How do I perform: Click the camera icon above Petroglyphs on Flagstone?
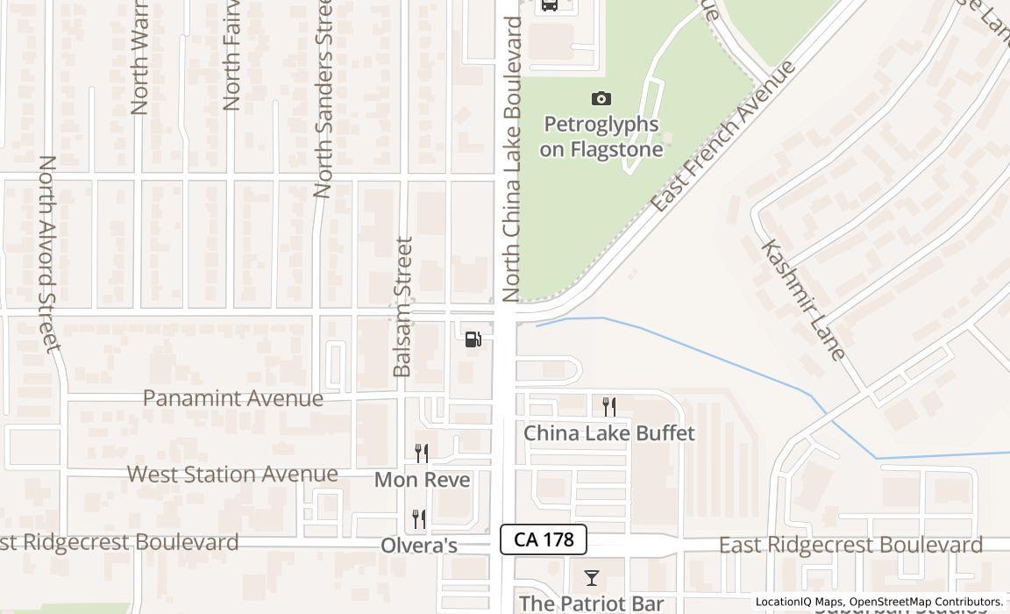tap(601, 99)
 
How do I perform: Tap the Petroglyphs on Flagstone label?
tap(601, 137)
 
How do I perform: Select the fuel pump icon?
tap(473, 339)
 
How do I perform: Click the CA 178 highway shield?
tap(543, 539)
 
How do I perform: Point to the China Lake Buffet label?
tap(609, 433)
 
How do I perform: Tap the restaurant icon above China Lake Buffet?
tap(609, 406)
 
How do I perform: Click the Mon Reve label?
tap(422, 480)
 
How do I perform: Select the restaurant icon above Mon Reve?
tap(422, 453)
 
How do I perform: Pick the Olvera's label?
tap(419, 546)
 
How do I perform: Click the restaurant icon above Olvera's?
tap(419, 519)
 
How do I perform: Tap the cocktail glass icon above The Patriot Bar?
tap(592, 578)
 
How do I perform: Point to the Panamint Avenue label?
tap(233, 398)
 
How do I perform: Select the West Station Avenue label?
tap(232, 475)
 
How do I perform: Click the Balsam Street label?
tap(402, 307)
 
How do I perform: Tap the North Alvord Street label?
tap(49, 253)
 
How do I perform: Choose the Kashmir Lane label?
tap(804, 300)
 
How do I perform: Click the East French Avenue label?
tap(724, 136)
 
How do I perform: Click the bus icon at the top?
tap(549, 4)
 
